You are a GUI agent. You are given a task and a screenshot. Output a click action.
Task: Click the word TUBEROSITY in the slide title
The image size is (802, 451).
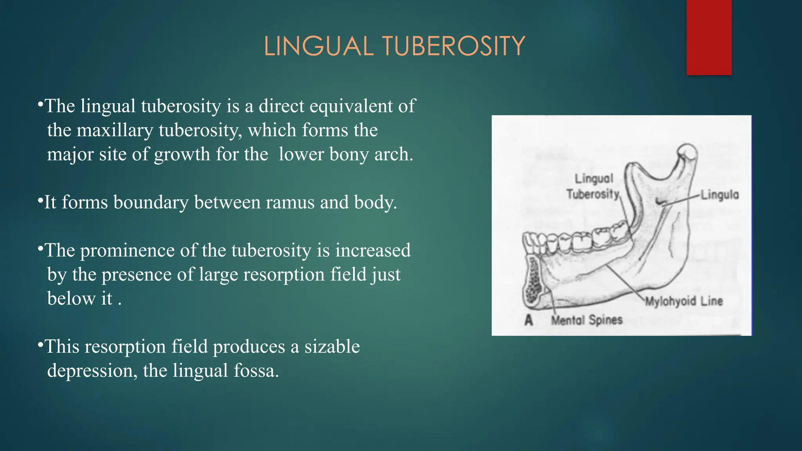453,46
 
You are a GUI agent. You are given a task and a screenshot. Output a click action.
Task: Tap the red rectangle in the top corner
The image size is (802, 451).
709,37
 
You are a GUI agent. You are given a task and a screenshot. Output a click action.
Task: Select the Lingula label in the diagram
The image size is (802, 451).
720,195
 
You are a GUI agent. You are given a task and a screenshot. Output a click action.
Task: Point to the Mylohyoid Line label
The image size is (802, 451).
684,301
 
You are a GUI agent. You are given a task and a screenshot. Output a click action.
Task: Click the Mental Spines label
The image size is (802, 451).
587,320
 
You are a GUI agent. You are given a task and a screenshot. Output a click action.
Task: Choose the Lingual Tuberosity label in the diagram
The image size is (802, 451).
593,186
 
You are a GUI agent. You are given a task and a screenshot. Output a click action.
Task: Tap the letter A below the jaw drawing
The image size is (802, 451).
529,320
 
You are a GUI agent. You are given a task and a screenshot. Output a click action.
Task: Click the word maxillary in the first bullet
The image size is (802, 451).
115,130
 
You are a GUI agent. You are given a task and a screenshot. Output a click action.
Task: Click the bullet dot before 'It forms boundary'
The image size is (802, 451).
40,201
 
